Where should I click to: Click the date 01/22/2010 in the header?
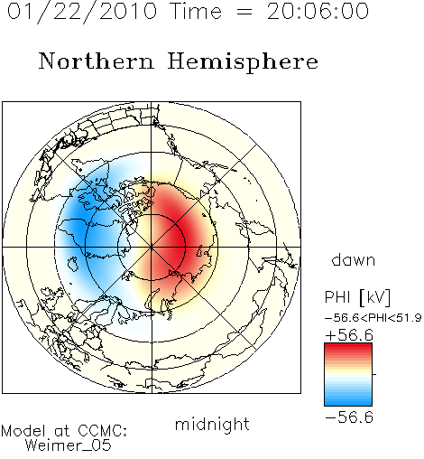point(82,12)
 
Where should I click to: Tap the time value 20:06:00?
point(318,12)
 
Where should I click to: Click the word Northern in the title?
point(97,61)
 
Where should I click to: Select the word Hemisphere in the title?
point(243,62)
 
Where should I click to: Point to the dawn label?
point(354,260)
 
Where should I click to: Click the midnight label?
point(212,424)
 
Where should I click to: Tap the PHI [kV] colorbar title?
point(357,297)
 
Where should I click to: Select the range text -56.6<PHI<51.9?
point(373,318)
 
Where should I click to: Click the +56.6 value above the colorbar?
point(349,335)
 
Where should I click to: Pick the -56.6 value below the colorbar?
point(349,417)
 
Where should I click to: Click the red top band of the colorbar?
point(348,347)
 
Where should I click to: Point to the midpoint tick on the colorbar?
point(374,374)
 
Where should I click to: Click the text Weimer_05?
point(69,445)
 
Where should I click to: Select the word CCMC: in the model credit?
point(103,431)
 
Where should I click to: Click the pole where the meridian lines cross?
point(152,248)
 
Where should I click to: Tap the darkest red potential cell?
point(178,241)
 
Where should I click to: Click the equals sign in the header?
point(244,12)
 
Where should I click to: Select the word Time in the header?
point(196,12)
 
